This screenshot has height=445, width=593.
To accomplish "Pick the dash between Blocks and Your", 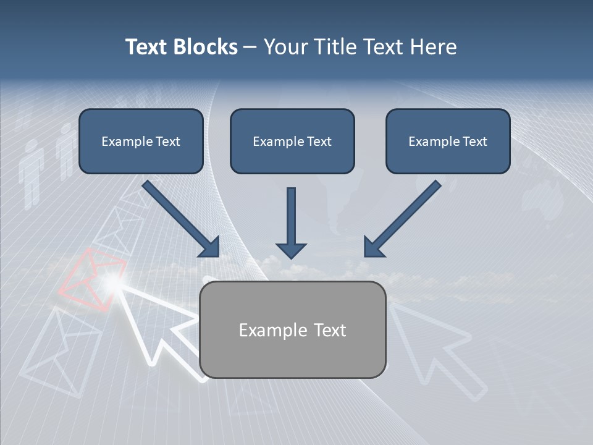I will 250,48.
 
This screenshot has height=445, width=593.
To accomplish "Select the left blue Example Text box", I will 141,141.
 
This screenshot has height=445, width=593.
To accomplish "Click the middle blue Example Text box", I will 292,141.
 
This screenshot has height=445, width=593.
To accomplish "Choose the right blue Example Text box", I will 448,141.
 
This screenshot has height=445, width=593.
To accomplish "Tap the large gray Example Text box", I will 293,329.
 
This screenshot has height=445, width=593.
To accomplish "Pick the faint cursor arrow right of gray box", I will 432,346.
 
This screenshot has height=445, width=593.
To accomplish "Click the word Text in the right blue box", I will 475,142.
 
